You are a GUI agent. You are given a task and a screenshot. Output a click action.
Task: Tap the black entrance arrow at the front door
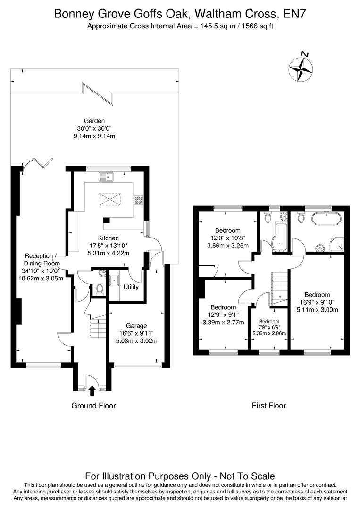[92, 390]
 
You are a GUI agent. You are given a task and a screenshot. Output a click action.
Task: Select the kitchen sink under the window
[107, 177]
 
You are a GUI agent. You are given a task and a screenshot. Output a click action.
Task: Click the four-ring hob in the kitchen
[139, 200]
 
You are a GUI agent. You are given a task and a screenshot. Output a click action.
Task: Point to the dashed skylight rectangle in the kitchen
[109, 200]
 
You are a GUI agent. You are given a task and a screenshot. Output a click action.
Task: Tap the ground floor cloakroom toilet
[99, 289]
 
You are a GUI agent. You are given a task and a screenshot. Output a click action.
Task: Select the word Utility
[131, 287]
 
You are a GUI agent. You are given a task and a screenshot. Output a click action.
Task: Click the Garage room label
[136, 326]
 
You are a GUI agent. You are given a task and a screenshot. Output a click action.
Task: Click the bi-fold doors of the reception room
[37, 163]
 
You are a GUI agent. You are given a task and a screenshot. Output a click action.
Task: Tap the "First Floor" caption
[268, 405]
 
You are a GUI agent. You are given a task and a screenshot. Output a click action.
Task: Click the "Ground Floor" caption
[93, 405]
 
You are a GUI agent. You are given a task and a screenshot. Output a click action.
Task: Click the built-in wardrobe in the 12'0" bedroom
[206, 271]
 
